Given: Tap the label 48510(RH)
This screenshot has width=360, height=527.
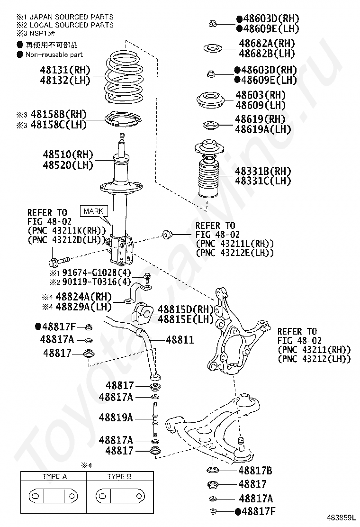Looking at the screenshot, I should tap(68, 154).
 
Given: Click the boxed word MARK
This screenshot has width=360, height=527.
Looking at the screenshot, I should tap(94, 210).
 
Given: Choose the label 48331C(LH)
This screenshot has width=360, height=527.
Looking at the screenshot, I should tap(263, 181).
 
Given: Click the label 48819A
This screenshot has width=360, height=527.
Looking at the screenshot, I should tap(116, 418).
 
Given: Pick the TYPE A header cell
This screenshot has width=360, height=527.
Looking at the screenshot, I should tap(55, 476).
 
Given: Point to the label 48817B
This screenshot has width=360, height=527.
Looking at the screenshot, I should tap(255, 471).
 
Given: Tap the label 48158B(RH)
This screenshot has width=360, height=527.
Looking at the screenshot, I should tap(58, 114).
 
